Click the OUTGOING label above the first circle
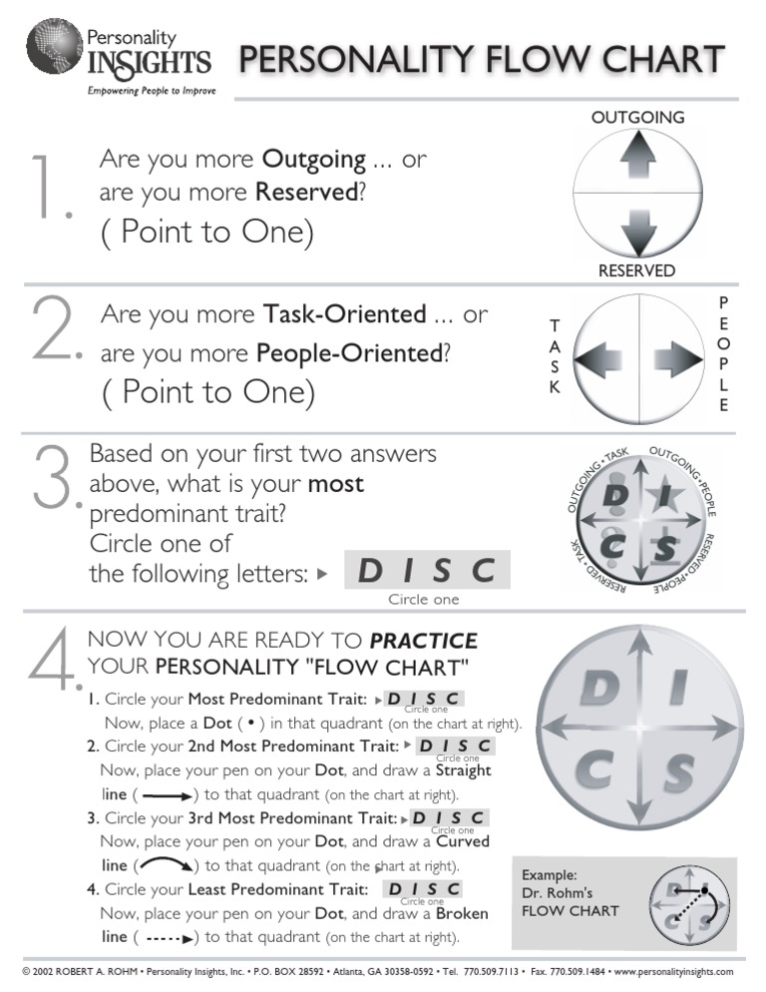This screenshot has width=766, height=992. tap(637, 118)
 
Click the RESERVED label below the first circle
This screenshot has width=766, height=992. tap(636, 270)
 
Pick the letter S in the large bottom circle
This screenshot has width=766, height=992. tap(678, 771)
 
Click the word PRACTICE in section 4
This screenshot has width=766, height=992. tap(423, 641)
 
